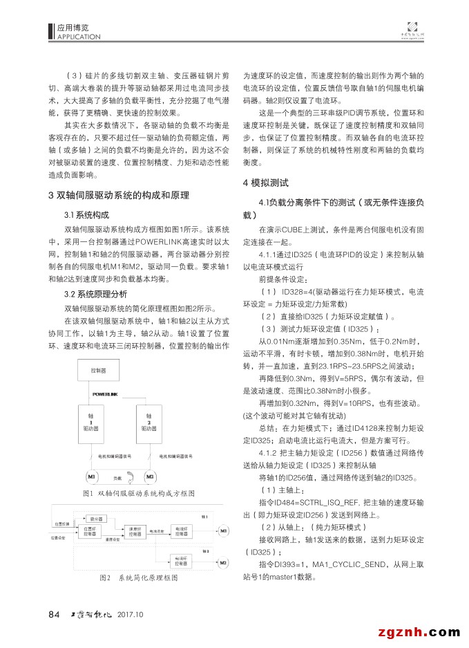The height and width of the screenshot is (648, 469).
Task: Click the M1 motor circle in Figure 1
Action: click(90, 477)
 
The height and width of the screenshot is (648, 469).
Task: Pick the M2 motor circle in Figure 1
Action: click(149, 477)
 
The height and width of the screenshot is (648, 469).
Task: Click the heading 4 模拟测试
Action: click(266, 183)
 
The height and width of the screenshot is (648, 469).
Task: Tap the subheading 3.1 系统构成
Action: click(86, 214)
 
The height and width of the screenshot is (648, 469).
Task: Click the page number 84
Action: click(55, 614)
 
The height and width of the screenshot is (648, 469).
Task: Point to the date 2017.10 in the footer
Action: click(130, 614)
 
